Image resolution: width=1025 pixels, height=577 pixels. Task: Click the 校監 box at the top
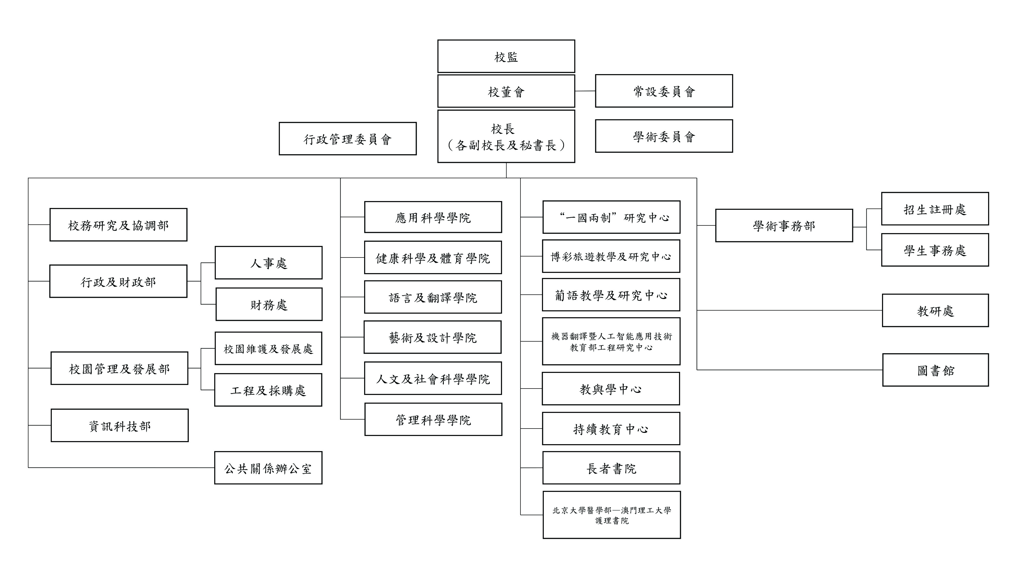coord(506,56)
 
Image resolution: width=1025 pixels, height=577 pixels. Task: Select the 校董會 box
coord(506,91)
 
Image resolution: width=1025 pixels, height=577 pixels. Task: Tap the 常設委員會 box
coord(663,91)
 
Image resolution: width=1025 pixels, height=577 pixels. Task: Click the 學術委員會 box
coord(663,136)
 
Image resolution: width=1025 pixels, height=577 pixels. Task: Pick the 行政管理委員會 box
coord(347,138)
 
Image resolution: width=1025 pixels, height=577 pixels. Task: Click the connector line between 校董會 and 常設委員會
coord(585,91)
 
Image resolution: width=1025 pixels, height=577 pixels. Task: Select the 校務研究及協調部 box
coord(118,225)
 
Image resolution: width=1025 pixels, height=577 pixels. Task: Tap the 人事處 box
coord(268,263)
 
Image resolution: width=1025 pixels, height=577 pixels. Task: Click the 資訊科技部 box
coord(119,426)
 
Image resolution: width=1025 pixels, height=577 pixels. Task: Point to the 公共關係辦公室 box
coord(268,468)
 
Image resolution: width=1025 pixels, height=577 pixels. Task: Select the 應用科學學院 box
coord(433,217)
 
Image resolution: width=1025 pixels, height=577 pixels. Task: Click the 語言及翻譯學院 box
coord(433,297)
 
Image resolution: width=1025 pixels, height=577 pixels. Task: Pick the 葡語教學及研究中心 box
coord(611,295)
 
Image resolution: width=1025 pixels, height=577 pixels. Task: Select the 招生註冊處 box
coord(935,209)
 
